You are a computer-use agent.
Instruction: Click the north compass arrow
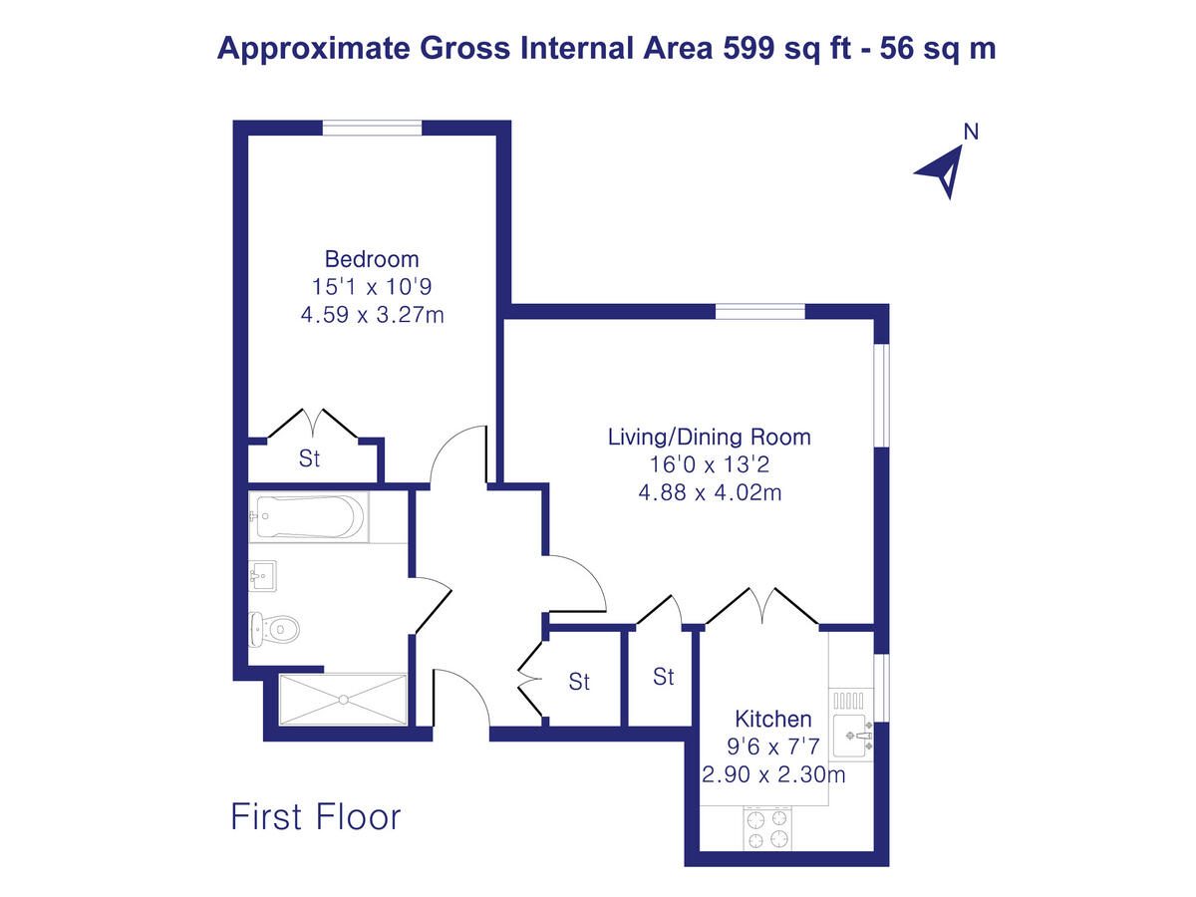pos(941,171)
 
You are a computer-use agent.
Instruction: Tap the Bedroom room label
pos(372,259)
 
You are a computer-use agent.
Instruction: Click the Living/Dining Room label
pos(710,437)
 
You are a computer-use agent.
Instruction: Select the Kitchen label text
pos(772,719)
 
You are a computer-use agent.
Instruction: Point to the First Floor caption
pos(315,816)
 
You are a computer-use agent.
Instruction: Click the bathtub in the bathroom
pos(307,517)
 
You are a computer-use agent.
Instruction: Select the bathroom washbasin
pos(263,575)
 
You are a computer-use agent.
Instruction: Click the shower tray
pos(343,700)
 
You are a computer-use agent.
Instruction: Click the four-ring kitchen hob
pos(767,827)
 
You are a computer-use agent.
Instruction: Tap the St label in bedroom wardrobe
pos(310,459)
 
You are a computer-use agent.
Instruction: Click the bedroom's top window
pos(372,127)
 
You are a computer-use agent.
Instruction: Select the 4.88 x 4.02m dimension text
pos(710,492)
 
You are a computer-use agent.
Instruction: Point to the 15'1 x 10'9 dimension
pos(372,287)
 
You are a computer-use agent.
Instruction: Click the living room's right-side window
pos(881,395)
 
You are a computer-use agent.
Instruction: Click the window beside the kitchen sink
pos(881,688)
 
